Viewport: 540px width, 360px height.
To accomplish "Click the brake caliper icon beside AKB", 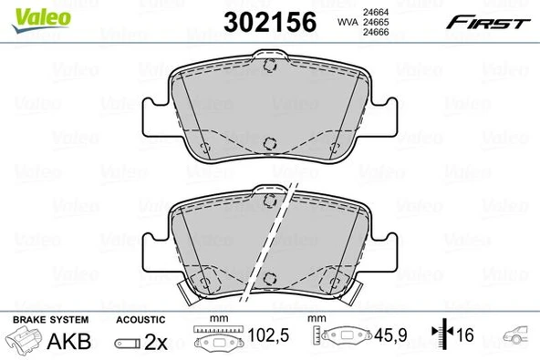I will click(x=25, y=343).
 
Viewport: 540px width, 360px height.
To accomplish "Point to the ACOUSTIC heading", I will click(x=140, y=320).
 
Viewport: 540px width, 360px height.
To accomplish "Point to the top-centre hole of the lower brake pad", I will click(x=268, y=200).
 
